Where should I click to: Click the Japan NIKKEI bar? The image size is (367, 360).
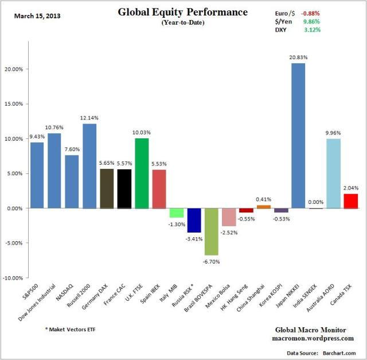298,136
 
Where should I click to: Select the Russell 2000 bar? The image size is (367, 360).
89,166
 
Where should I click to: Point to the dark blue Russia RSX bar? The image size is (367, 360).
194,220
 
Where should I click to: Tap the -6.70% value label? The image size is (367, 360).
212,261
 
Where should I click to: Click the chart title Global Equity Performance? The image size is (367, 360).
183,12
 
